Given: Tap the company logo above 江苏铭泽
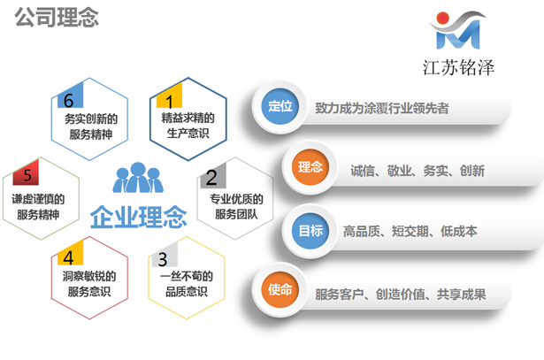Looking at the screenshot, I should pos(456,29).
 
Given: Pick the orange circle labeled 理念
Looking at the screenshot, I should pos(310,168).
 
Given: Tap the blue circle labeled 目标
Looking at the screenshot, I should pos(310,230).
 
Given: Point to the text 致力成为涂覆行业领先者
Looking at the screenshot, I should pos(381,108).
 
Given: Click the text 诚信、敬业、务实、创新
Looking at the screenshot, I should pos(417,170).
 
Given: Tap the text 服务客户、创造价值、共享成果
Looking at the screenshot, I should pos(401,293).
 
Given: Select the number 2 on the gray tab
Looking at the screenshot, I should pos(211,178).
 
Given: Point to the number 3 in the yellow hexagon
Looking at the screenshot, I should pos(161,259).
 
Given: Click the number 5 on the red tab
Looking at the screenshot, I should pos(27,175).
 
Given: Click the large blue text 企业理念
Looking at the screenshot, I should pos(139,216).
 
